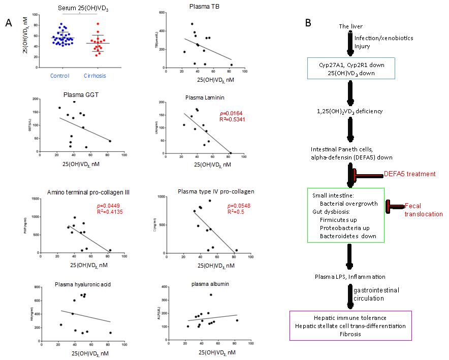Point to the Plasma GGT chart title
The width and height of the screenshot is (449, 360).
78,94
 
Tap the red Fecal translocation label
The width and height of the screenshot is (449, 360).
423,210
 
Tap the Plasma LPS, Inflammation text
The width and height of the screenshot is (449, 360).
349,276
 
